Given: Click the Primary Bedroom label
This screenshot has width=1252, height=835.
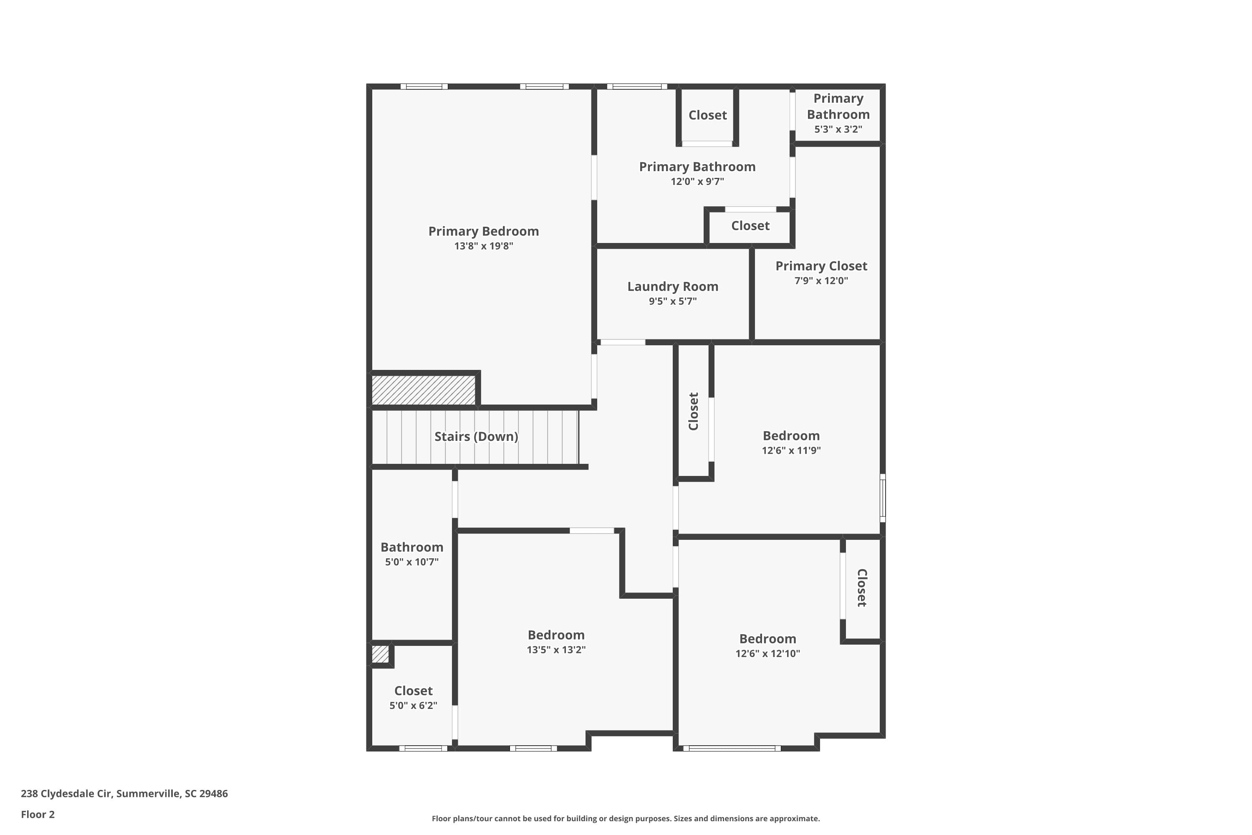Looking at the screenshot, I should [483, 231].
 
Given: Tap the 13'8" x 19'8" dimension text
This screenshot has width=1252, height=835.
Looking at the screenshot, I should [483, 246].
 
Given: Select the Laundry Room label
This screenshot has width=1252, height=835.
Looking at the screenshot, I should [672, 286].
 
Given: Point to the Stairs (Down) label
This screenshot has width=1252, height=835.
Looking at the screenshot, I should [476, 437].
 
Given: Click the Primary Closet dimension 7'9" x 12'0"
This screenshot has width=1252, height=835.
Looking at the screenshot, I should [821, 281].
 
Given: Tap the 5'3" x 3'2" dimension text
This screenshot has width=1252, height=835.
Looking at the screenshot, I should [838, 129].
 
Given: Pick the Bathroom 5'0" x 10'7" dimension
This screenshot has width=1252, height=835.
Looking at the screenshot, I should [411, 562].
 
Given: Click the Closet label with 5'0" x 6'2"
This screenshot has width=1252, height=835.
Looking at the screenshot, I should [413, 691].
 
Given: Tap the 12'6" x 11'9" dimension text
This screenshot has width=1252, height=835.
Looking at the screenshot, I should [790, 450].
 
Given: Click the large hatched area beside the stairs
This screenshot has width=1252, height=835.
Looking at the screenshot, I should [423, 390].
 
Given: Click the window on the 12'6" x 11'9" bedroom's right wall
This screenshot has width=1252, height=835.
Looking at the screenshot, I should [882, 498].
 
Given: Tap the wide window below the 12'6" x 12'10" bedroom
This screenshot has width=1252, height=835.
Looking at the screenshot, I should [732, 748].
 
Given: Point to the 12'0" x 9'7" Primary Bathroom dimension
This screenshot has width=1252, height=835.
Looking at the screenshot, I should [697, 182].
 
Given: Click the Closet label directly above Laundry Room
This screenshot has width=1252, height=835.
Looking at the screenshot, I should [750, 226].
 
